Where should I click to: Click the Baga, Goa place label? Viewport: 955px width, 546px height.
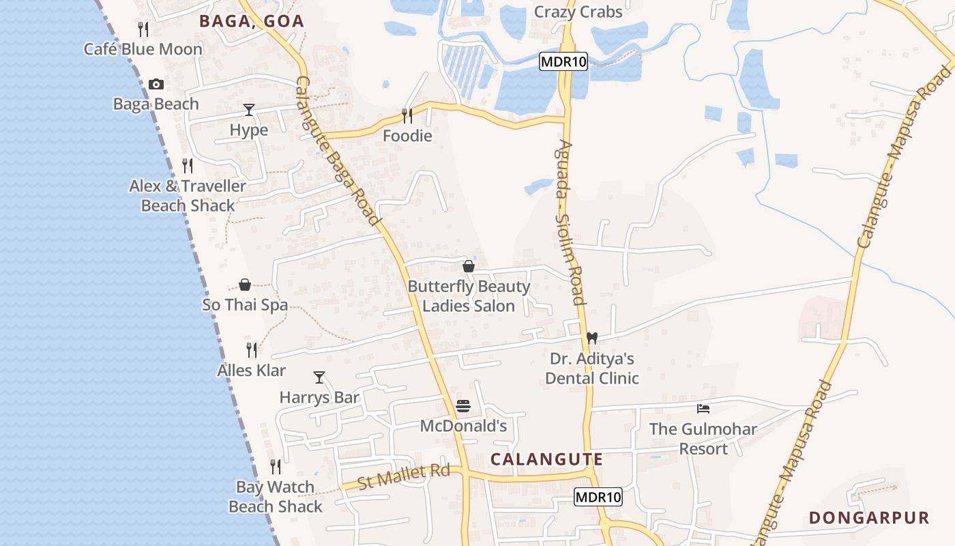click(x=252, y=21)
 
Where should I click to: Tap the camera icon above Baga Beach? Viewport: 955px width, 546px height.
click(x=156, y=84)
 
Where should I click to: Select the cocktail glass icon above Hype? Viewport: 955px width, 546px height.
click(x=249, y=109)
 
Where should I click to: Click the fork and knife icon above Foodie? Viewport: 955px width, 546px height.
click(x=407, y=115)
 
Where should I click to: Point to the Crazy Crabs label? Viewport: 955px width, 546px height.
click(x=578, y=12)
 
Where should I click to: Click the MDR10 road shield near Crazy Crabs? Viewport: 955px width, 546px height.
click(x=563, y=61)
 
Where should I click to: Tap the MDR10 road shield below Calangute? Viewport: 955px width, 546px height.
click(x=598, y=497)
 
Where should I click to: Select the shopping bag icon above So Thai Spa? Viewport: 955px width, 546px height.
click(x=245, y=285)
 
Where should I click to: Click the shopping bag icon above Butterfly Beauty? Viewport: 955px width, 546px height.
click(x=469, y=266)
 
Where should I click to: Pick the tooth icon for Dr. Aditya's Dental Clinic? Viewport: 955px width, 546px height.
click(x=592, y=338)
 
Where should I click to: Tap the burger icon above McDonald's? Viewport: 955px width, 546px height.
click(x=463, y=407)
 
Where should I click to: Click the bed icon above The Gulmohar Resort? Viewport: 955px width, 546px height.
click(x=703, y=409)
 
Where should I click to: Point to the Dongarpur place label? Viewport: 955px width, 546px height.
click(x=869, y=517)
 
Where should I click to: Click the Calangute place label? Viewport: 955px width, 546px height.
click(x=546, y=459)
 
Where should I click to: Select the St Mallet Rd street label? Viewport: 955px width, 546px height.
click(x=404, y=476)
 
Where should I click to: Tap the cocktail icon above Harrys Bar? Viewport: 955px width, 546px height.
click(x=319, y=377)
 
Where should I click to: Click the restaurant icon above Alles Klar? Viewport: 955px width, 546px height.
click(x=252, y=350)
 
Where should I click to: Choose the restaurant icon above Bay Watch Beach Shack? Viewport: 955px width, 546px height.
click(x=276, y=467)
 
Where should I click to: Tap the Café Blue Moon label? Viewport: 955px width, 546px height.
click(x=143, y=49)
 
